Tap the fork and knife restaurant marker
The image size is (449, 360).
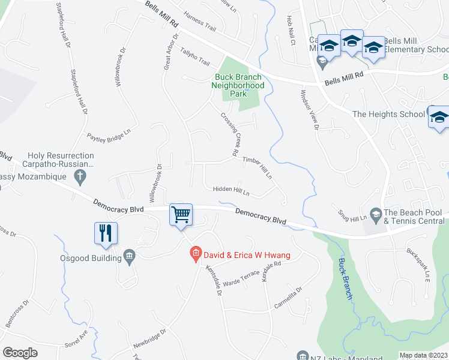pyautogui.click(x=106, y=233)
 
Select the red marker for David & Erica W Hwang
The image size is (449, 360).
pyautogui.click(x=194, y=255)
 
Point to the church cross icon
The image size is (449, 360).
pyautogui.click(x=80, y=176)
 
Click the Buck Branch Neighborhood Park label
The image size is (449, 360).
pyautogui.click(x=239, y=85)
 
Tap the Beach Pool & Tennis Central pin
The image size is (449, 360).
pyautogui.click(x=376, y=214)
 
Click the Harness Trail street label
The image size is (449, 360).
pyautogui.click(x=202, y=26)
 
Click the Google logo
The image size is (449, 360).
pyautogui.click(x=20, y=353)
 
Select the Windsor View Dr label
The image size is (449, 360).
pyautogui.click(x=310, y=109)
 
